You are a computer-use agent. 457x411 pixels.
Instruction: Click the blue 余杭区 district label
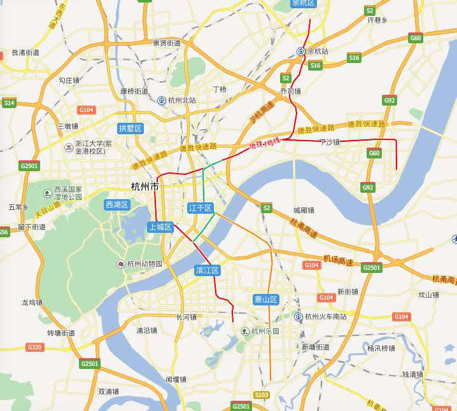(x=303, y=3)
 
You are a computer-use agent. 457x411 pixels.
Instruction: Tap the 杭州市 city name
(x=144, y=187)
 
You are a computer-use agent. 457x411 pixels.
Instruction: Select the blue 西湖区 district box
(x=117, y=205)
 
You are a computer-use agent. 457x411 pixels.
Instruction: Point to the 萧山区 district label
(x=266, y=299)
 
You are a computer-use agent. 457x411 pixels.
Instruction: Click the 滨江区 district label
(x=207, y=270)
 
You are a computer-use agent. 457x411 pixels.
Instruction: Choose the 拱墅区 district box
(x=130, y=129)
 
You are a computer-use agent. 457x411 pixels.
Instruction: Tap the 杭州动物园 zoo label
(x=144, y=264)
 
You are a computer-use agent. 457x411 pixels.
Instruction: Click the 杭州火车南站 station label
(x=325, y=316)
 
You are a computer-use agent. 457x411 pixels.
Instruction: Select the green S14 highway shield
(x=9, y=102)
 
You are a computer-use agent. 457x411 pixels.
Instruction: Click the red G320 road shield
(x=34, y=347)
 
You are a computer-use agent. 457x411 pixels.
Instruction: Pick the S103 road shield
(x=261, y=395)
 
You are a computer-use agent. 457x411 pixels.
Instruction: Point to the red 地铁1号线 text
(x=264, y=144)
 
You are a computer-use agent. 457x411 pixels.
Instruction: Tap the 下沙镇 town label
(x=330, y=142)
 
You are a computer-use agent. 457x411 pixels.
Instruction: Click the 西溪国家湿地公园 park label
(x=68, y=193)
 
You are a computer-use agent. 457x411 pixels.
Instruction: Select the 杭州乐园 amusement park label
(x=265, y=331)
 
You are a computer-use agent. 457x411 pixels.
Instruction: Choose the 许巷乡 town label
(x=377, y=20)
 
